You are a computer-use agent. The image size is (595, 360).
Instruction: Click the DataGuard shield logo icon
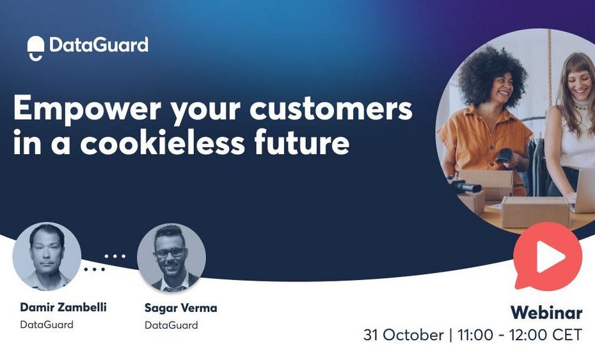pos(36,48)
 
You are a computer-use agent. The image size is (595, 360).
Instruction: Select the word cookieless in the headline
pos(163,142)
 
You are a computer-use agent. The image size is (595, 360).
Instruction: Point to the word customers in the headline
pos(331,109)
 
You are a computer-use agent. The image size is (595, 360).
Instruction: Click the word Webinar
pos(546,313)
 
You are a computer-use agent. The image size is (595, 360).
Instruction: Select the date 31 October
pos(403,335)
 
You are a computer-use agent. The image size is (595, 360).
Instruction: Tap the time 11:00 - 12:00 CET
pos(520,335)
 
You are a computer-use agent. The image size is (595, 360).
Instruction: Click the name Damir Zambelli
pos(63,308)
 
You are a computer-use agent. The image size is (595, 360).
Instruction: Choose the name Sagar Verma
pos(180,308)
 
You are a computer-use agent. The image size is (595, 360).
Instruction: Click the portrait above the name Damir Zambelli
pos(47,256)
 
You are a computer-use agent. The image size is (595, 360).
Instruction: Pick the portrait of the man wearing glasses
pos(171,257)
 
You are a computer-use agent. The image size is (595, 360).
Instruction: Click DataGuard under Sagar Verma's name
pos(171,325)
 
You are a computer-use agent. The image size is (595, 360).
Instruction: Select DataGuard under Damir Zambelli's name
pos(47,325)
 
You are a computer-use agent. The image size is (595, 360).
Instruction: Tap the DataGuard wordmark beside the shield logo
pos(99,45)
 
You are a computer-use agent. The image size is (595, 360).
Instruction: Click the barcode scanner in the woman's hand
pos(505,156)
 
